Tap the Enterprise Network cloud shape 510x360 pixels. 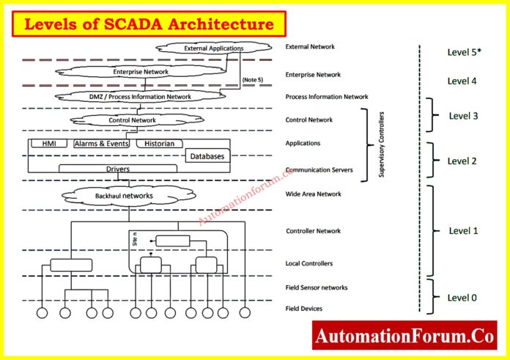pos(141,72)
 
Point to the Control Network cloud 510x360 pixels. pos(132,120)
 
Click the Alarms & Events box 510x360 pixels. pos(102,144)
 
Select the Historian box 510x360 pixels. pos(159,144)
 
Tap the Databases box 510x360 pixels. pos(207,156)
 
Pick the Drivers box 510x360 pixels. pos(118,169)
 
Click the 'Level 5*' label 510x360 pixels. pos(464,53)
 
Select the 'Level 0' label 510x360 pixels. pos(462,297)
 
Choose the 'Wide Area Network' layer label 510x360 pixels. pos(314,194)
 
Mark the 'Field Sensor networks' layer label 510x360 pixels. pos(316,287)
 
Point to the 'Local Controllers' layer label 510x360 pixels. pos(309,262)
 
